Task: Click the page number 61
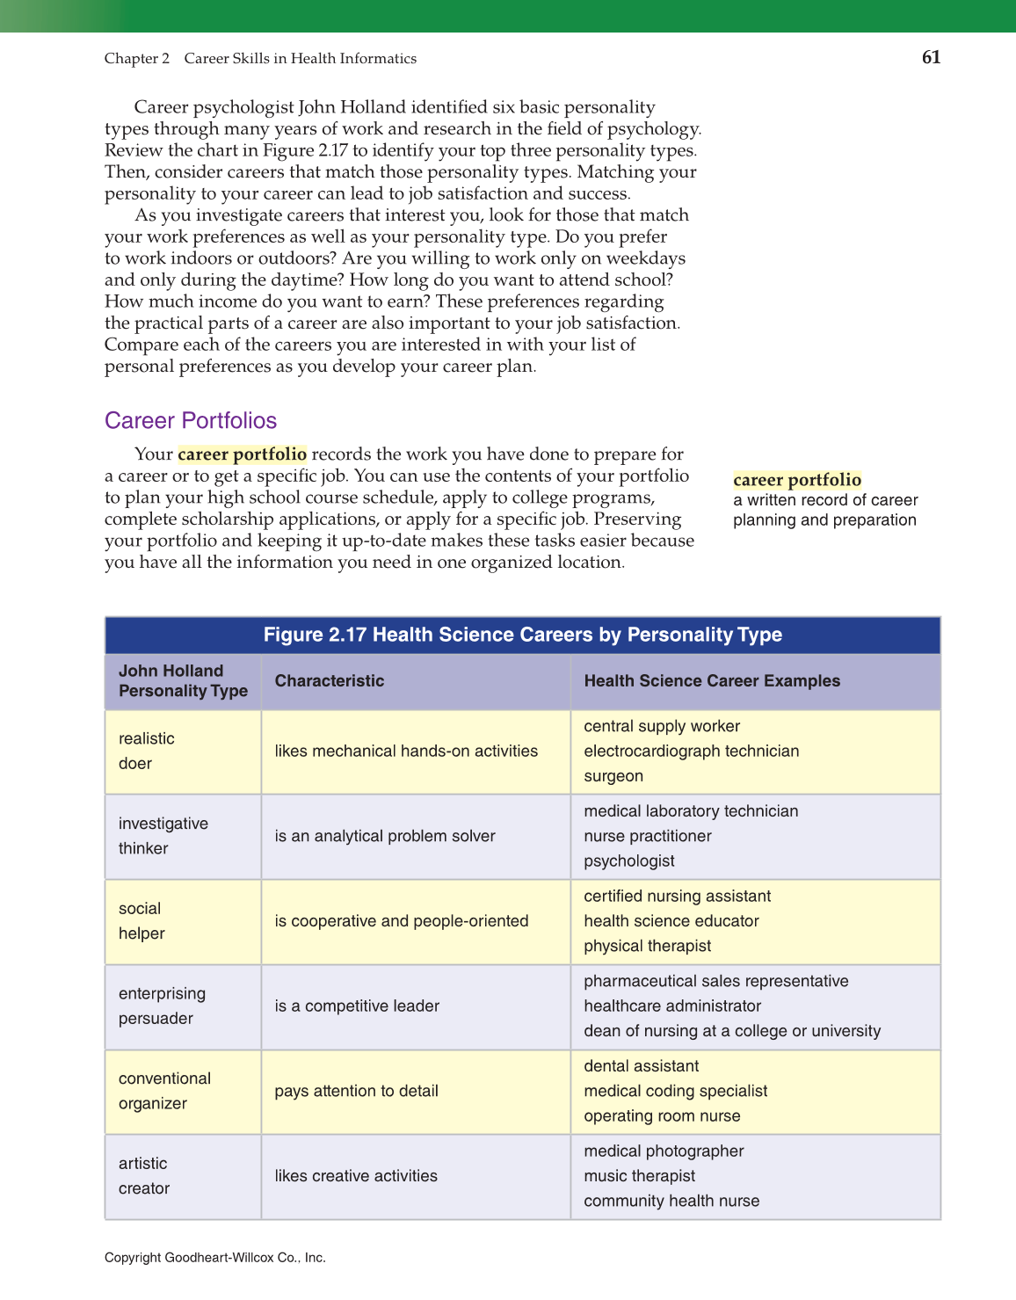(x=931, y=57)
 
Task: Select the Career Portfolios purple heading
(x=191, y=420)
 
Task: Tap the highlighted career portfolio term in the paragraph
(x=242, y=454)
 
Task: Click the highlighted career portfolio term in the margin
(x=796, y=480)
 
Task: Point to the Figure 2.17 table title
(x=522, y=635)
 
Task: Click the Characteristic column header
(x=329, y=681)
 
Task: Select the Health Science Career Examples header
(x=711, y=681)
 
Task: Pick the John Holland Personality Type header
(x=183, y=681)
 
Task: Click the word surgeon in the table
(x=613, y=776)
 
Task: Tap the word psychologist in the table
(x=629, y=861)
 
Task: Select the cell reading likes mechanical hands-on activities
(x=406, y=752)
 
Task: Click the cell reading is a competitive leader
(x=357, y=1006)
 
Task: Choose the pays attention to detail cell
(x=356, y=1092)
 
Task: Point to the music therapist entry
(x=639, y=1176)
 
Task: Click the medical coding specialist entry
(x=675, y=1092)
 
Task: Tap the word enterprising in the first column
(x=162, y=994)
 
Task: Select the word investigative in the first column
(x=163, y=824)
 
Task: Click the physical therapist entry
(x=647, y=947)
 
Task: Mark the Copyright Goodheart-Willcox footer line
(x=214, y=1258)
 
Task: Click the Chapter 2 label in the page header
(x=136, y=59)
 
